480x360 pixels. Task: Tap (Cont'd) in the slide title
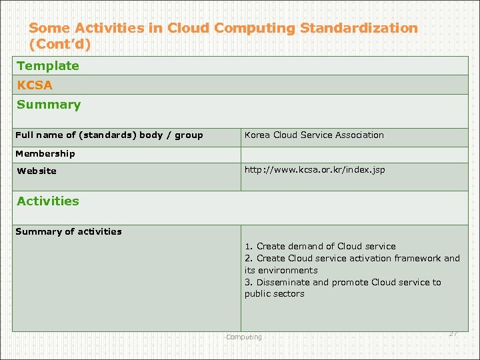coord(59,45)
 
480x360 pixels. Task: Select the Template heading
coord(48,66)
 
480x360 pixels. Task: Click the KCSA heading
coord(35,85)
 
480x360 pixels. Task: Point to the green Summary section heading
coord(49,105)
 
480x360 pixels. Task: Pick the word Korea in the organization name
coord(257,135)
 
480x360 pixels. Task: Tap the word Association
coord(359,135)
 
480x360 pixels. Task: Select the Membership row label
coord(45,153)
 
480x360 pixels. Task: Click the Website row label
coord(37,171)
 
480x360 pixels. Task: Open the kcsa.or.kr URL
coord(315,170)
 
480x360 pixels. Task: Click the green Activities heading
coord(48,201)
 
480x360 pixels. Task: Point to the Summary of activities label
coord(69,232)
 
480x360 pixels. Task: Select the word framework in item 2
coord(417,258)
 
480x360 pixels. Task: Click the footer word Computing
coord(244,337)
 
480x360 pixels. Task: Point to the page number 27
coord(453,333)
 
